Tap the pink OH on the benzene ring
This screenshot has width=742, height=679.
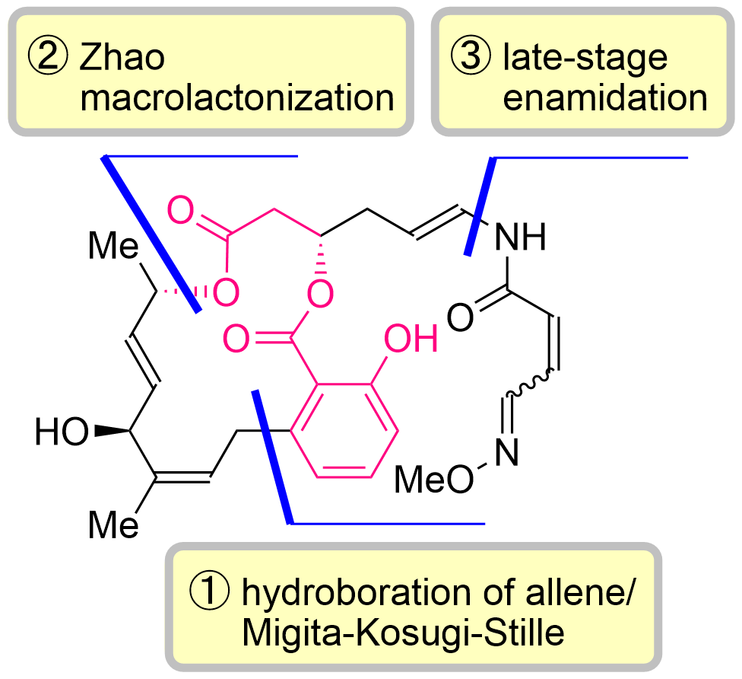[411, 339]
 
